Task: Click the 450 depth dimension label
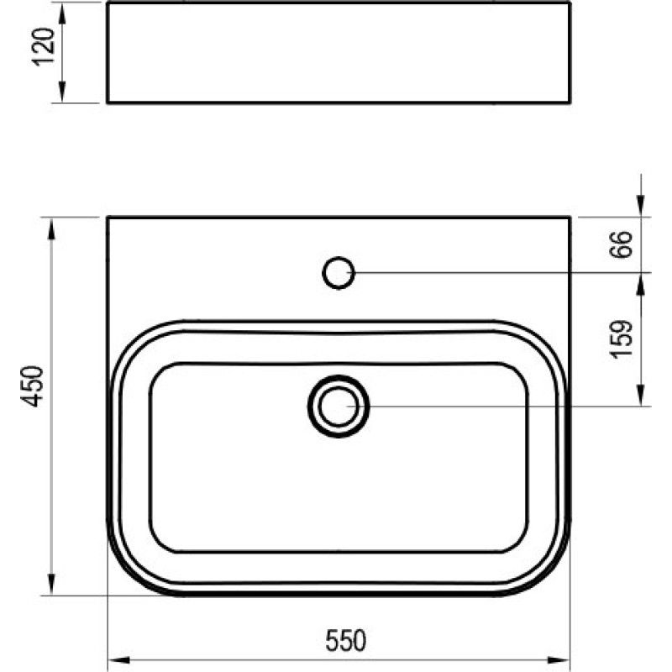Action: tap(32, 386)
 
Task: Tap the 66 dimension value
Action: tap(622, 244)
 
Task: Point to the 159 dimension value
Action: tap(622, 339)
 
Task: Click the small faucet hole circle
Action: tap(339, 272)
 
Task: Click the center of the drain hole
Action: tap(339, 406)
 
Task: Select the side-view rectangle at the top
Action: tap(339, 52)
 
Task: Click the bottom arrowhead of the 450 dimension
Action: tap(53, 585)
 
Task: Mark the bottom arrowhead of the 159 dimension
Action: tap(642, 396)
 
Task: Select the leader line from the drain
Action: tap(504, 406)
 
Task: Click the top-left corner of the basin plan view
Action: tap(108, 218)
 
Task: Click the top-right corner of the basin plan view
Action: tap(571, 218)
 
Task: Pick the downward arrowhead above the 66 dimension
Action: tap(642, 207)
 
